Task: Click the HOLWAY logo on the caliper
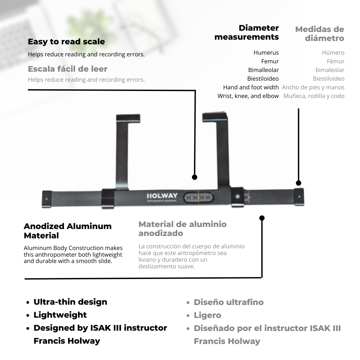click(162, 196)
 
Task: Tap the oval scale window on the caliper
click(198, 197)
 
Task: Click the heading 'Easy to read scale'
click(66, 42)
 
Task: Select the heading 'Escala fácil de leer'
click(68, 69)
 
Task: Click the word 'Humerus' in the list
click(266, 53)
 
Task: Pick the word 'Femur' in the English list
click(270, 61)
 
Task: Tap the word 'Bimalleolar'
click(263, 70)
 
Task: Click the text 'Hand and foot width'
click(251, 87)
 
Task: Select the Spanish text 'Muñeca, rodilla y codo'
click(314, 96)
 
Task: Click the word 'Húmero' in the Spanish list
click(333, 53)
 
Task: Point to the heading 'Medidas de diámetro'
click(320, 34)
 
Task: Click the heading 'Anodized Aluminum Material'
click(68, 231)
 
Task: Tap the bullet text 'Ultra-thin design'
click(70, 302)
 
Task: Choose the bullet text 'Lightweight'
click(60, 315)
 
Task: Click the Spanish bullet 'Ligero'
click(207, 315)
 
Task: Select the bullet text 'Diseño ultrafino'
click(229, 302)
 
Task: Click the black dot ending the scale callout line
click(195, 177)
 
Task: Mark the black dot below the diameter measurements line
click(299, 183)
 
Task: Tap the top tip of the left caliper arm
click(128, 118)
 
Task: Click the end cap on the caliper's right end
click(299, 197)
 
